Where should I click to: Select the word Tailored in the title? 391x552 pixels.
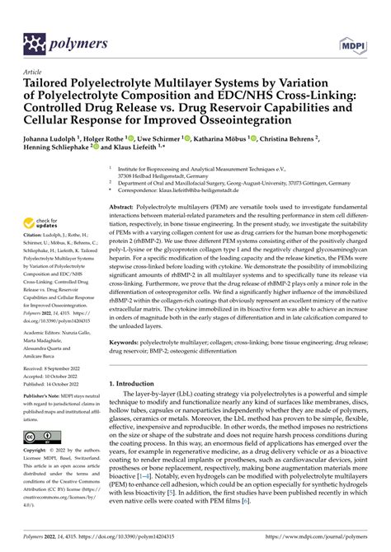point(54,84)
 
